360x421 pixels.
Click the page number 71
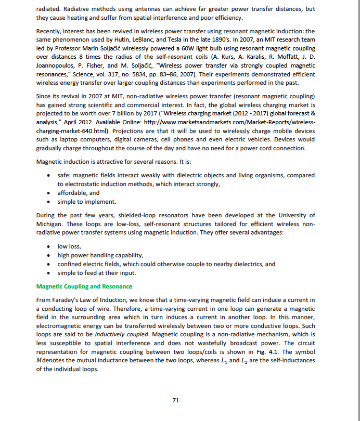click(175, 400)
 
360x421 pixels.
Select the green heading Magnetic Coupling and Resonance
click(84, 286)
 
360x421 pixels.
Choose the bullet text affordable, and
click(78, 193)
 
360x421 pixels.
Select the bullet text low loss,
click(69, 246)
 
